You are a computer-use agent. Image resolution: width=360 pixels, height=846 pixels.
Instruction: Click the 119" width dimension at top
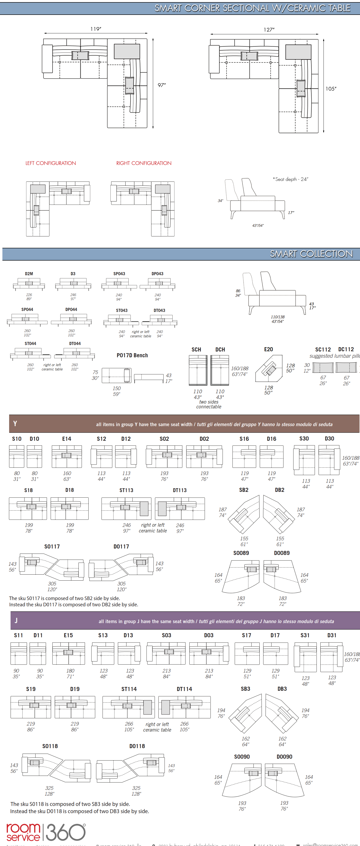click(96, 29)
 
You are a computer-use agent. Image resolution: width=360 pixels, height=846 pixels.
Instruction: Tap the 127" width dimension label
click(269, 30)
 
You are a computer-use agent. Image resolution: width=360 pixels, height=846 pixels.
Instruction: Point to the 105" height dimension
click(331, 89)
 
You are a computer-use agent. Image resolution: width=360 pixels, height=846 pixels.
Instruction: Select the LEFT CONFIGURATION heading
click(51, 163)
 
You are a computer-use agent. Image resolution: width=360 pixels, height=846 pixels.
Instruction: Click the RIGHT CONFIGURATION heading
click(144, 163)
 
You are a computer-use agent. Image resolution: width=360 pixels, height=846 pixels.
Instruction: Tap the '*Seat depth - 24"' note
click(290, 179)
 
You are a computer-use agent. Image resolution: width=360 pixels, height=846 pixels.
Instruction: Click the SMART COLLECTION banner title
click(311, 254)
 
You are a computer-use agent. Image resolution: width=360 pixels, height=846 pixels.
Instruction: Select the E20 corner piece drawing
click(269, 368)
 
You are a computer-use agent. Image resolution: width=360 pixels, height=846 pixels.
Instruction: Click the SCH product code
click(196, 349)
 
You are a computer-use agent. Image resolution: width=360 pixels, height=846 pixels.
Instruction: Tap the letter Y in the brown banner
click(15, 424)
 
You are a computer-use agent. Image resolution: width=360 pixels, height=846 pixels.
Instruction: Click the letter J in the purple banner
click(16, 620)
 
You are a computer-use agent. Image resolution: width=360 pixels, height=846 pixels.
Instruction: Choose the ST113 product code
click(126, 490)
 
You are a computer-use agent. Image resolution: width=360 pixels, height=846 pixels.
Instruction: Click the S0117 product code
click(52, 547)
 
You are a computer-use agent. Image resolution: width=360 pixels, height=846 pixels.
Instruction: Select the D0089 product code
click(282, 553)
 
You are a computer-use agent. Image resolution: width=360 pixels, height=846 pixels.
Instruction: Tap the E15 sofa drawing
click(68, 653)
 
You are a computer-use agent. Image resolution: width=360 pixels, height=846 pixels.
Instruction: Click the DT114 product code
click(184, 689)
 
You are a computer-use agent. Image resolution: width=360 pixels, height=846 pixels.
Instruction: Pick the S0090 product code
click(242, 757)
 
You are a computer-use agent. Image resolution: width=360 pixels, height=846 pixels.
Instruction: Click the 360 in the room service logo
click(66, 832)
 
